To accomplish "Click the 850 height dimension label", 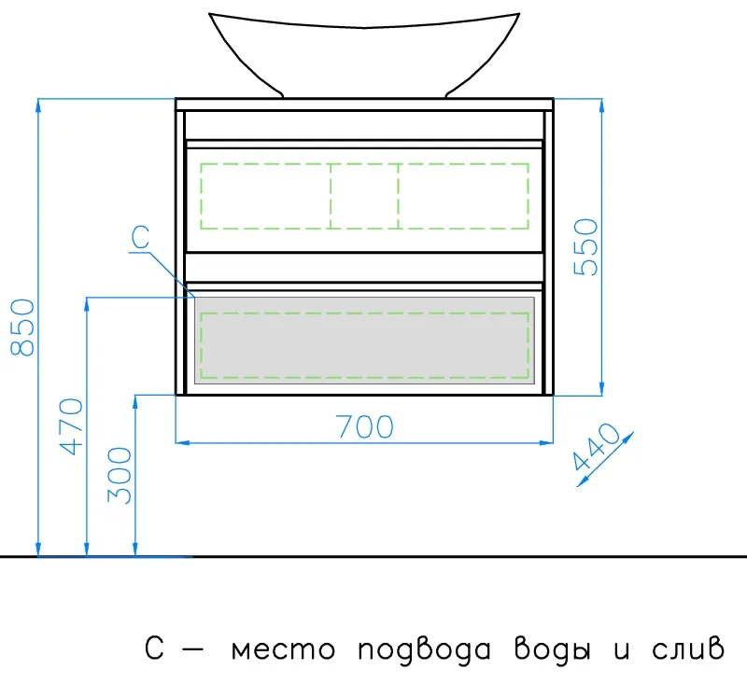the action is click(x=22, y=328).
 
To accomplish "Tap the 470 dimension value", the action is click(x=71, y=427).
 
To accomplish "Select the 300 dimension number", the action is click(x=120, y=476).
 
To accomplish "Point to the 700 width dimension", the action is click(x=365, y=427).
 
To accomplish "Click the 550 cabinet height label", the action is click(x=585, y=247).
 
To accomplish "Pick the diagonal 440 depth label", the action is click(x=597, y=447).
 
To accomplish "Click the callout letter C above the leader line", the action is click(x=140, y=237).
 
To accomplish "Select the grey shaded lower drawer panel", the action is click(x=364, y=340).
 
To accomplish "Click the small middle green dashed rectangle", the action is click(x=364, y=196).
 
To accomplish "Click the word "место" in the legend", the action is click(x=284, y=649).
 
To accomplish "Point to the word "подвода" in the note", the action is click(x=424, y=649).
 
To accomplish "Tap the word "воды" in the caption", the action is click(x=553, y=649).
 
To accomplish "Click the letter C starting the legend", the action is click(x=154, y=648).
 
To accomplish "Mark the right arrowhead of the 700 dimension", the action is click(x=546, y=442).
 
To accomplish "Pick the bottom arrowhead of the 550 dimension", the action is click(x=601, y=388).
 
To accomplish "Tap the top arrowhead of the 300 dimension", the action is click(x=135, y=402).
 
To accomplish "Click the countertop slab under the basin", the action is click(x=364, y=105).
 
